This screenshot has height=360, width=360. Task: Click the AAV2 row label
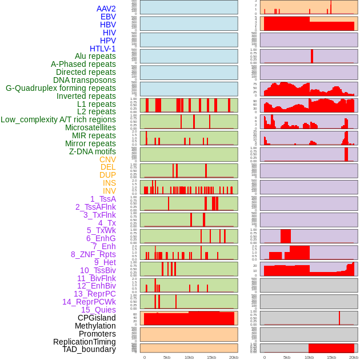(x=106, y=9)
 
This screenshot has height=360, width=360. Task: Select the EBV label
(x=108, y=17)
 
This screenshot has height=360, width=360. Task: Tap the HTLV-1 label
(x=102, y=49)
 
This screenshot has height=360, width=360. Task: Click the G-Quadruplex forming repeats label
(x=61, y=88)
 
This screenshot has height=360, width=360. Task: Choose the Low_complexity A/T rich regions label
(x=58, y=119)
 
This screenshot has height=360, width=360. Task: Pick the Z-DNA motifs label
(x=92, y=151)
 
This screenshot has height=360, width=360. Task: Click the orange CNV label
(x=107, y=159)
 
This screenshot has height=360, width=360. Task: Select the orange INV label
(x=109, y=191)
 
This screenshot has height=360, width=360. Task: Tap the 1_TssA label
(x=103, y=199)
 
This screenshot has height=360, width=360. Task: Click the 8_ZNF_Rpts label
(x=93, y=254)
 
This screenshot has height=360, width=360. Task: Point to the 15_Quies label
(x=98, y=310)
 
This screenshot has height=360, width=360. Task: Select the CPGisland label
(x=97, y=318)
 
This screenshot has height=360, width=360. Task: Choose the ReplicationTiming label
(x=85, y=342)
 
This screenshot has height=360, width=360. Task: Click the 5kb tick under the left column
(x=167, y=357)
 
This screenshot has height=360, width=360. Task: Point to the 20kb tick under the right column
(x=354, y=357)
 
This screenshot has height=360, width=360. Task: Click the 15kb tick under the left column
(x=211, y=357)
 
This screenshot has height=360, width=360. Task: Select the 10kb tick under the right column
(x=309, y=357)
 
